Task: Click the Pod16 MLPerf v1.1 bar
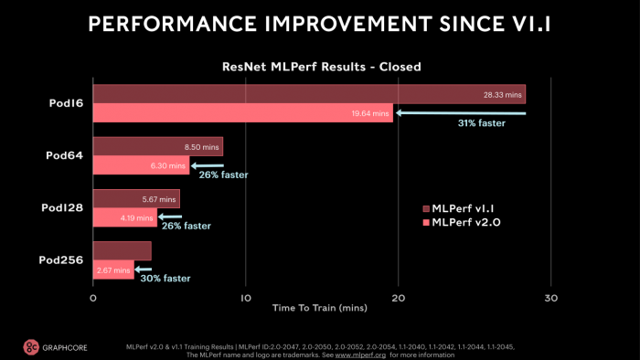tap(309, 94)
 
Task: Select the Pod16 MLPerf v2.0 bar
tap(242, 113)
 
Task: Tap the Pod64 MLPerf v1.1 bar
tap(157, 146)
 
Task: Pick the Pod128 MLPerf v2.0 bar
tap(124, 217)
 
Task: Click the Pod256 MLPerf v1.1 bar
tap(122, 250)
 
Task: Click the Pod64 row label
tap(63, 155)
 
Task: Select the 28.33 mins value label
tap(502, 94)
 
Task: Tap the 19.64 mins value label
tap(370, 113)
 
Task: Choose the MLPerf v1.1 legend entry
tap(463, 208)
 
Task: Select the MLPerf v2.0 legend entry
tap(464, 222)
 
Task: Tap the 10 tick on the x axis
tap(244, 298)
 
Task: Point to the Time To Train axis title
tap(321, 309)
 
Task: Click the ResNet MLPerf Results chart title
tap(321, 67)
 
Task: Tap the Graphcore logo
tap(54, 347)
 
